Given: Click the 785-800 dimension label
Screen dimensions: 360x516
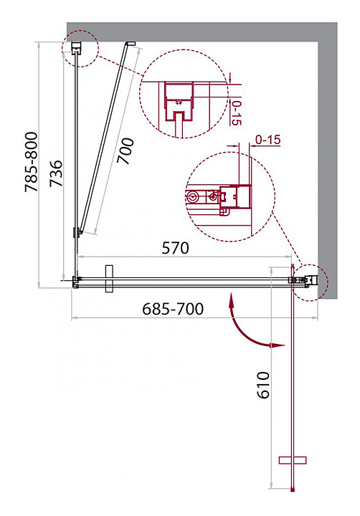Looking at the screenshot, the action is (x=32, y=161).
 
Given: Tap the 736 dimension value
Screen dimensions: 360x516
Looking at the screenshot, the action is (x=56, y=173).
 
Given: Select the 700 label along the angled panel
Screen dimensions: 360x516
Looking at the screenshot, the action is (x=125, y=151).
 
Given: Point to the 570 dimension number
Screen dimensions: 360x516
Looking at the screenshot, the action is (x=175, y=248).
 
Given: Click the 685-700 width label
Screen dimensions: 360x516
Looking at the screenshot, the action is (x=173, y=309).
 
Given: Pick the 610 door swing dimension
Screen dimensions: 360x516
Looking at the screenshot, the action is (x=263, y=385).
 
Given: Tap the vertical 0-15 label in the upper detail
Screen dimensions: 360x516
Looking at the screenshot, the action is (x=237, y=113).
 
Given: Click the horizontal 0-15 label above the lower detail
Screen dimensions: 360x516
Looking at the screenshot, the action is (x=268, y=140).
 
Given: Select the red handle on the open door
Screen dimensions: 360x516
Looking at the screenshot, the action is (x=293, y=460).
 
